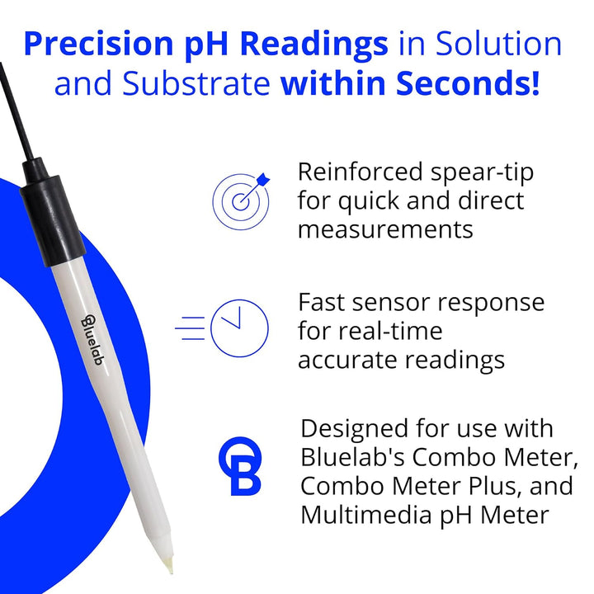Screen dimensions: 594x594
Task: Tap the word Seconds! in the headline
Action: [x=469, y=83]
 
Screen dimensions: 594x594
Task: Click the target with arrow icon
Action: [x=240, y=196]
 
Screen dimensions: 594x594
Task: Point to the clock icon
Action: [x=238, y=328]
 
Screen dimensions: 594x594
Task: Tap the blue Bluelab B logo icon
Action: [x=239, y=466]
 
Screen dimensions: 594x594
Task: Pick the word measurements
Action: [x=385, y=229]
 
